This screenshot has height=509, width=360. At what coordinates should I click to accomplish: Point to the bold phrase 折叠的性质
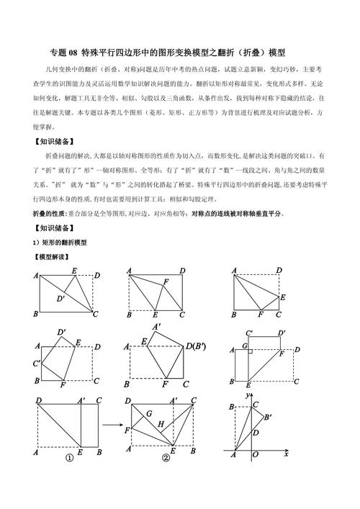click(49, 214)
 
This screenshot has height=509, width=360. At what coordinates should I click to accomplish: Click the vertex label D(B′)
click(196, 346)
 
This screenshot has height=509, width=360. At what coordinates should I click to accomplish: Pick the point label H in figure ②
click(161, 425)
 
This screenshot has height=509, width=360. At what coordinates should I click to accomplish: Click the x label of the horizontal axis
click(286, 455)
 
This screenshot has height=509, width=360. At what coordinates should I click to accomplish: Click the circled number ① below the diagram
click(70, 457)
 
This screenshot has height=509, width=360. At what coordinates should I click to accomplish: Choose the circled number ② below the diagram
click(166, 457)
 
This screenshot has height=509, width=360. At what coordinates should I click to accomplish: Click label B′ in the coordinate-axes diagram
click(267, 418)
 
